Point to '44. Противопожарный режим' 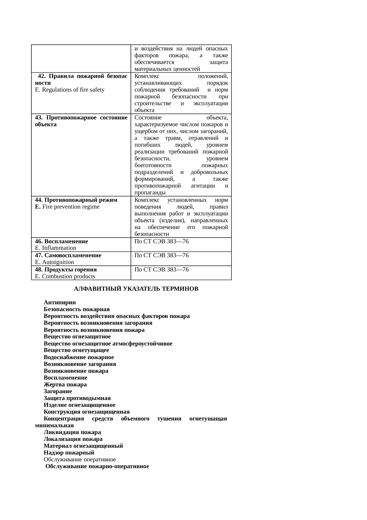point(76,200)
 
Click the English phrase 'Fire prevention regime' point(71,207)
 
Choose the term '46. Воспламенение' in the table point(61,241)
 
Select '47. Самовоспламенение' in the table point(68,255)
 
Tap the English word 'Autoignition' point(58,262)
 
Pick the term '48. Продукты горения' point(66,269)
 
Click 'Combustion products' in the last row point(69,276)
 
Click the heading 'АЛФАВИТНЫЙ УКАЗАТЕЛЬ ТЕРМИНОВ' point(136,289)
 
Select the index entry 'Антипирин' point(60,303)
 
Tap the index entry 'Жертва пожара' point(65,384)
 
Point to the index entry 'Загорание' point(58,391)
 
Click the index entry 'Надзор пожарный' point(69,452)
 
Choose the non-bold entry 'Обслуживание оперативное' point(80,459)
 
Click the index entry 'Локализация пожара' point(73,439)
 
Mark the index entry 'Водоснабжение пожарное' point(79,357)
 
